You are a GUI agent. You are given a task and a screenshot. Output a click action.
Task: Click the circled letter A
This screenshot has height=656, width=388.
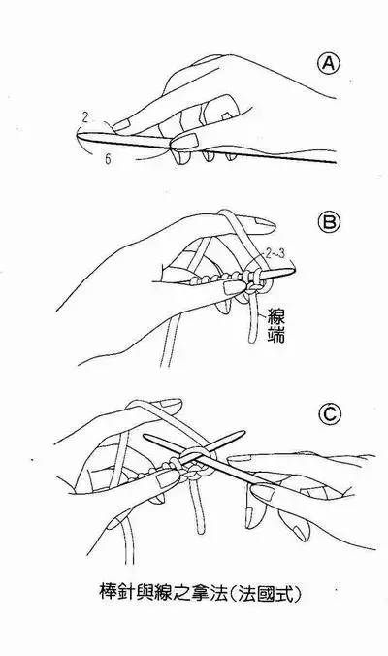click(329, 64)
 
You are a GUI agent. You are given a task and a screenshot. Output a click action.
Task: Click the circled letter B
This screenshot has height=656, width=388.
click(330, 222)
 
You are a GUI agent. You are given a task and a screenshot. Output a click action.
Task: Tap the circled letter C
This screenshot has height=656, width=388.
click(330, 414)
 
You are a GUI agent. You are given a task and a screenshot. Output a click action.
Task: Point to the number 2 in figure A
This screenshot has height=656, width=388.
click(85, 117)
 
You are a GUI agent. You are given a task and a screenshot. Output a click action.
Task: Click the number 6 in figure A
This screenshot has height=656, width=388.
click(108, 159)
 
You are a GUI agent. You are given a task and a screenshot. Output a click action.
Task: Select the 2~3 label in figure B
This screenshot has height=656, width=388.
click(275, 254)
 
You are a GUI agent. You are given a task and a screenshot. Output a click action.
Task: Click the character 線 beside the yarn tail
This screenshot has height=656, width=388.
click(275, 317)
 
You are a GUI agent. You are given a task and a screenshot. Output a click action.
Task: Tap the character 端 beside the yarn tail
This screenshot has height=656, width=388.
click(275, 336)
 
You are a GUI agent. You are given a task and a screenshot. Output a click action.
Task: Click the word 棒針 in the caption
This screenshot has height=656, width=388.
click(118, 591)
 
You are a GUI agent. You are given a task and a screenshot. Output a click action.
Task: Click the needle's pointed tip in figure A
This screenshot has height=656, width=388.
click(78, 134)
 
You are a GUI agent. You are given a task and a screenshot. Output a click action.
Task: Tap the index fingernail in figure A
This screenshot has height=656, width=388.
click(120, 124)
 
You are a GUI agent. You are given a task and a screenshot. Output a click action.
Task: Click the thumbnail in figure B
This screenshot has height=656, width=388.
click(234, 287)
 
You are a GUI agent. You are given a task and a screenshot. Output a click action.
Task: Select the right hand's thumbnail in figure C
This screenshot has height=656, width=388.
click(261, 491)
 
